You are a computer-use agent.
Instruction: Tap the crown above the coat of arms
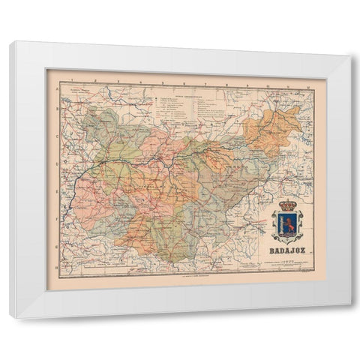pos(286,205)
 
